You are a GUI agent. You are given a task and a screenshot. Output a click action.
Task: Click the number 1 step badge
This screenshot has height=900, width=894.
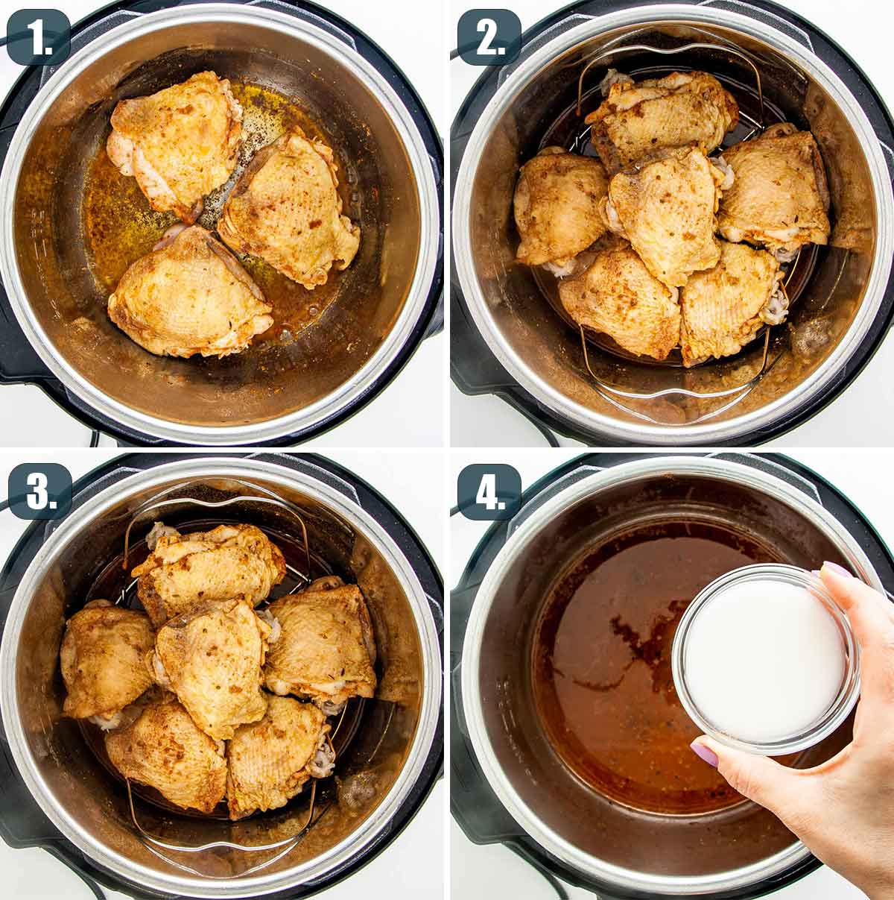pos(38,37)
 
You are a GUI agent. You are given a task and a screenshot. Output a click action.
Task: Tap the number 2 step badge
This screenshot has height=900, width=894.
pos(488,37)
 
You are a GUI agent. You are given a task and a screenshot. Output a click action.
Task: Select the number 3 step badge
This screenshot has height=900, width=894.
pos(39,491)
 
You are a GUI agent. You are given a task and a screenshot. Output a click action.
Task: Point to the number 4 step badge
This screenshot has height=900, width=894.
pos(488,491)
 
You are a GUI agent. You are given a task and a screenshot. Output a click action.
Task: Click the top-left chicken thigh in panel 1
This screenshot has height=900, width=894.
pos(175,138)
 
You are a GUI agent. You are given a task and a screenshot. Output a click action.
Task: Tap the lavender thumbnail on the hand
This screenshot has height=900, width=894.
pos(704,753)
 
